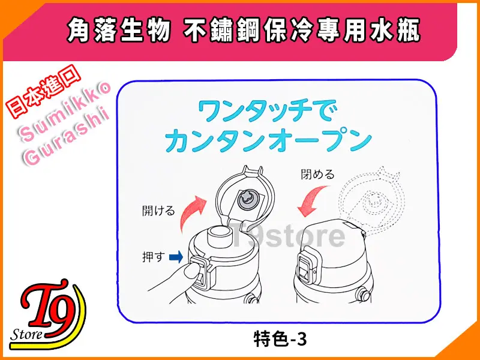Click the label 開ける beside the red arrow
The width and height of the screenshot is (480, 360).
pos(158,211)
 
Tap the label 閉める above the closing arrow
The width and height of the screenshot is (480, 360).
pos(318,175)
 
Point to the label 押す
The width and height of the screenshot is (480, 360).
pos(154,257)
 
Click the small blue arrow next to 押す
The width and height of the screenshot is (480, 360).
pos(176,257)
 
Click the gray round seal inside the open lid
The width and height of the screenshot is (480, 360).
pos(248,199)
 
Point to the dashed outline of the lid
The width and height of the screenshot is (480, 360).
pos(371,199)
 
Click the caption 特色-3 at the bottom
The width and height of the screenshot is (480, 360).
pos(280,340)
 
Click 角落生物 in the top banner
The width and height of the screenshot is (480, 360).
pos(119,31)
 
